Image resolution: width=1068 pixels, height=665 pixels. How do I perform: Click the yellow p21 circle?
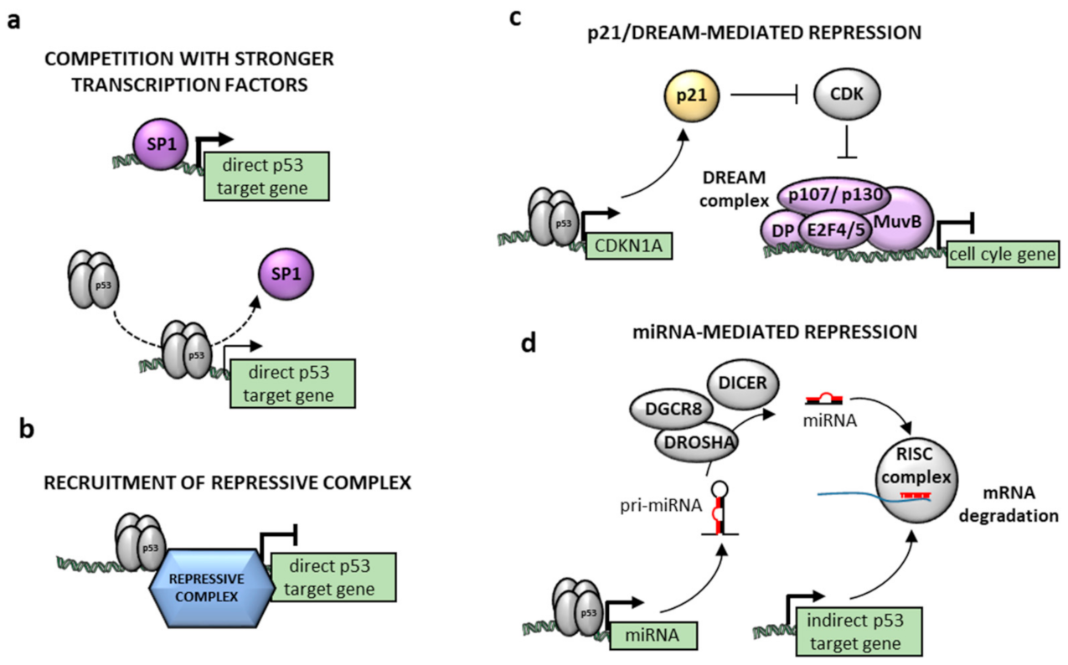[687, 95]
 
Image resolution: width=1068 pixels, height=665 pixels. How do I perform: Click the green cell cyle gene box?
[1002, 255]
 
